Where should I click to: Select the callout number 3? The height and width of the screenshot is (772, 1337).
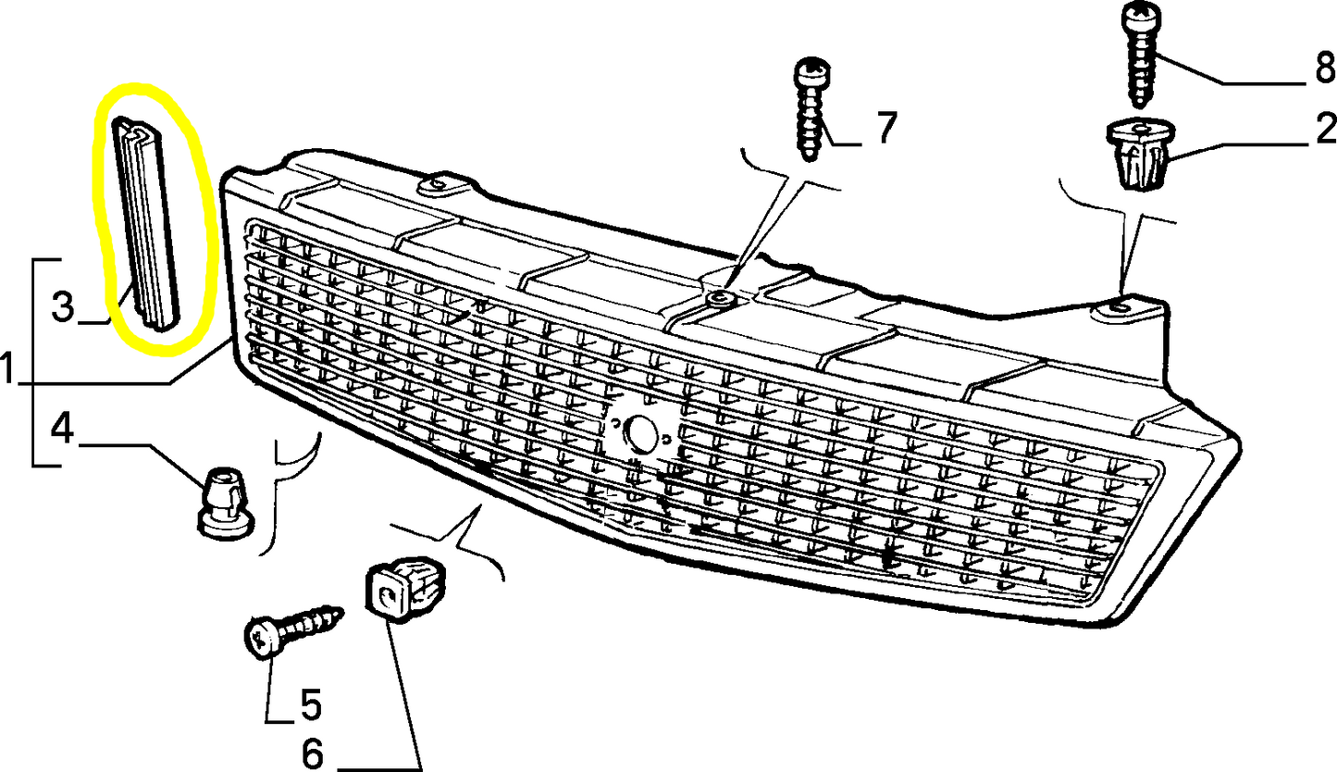click(63, 306)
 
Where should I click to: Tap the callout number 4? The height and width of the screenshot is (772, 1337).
click(63, 429)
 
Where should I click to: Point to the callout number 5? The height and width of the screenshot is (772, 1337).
click(309, 706)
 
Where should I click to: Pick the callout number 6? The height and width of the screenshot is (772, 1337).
click(314, 753)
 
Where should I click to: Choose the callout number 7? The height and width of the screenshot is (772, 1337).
click(885, 129)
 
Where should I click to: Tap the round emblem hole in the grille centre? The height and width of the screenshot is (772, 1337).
click(640, 431)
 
